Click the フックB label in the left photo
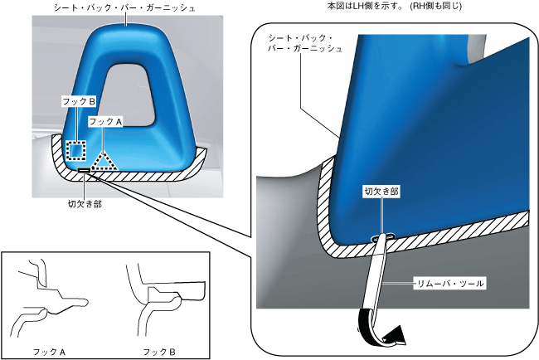pos(80,101)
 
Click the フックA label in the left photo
pos(106,121)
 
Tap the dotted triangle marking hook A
pos(104,160)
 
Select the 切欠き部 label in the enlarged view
pos(381,191)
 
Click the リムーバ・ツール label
pos(450,284)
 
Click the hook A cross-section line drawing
pos(50,299)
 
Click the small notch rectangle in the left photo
pos(85,172)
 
